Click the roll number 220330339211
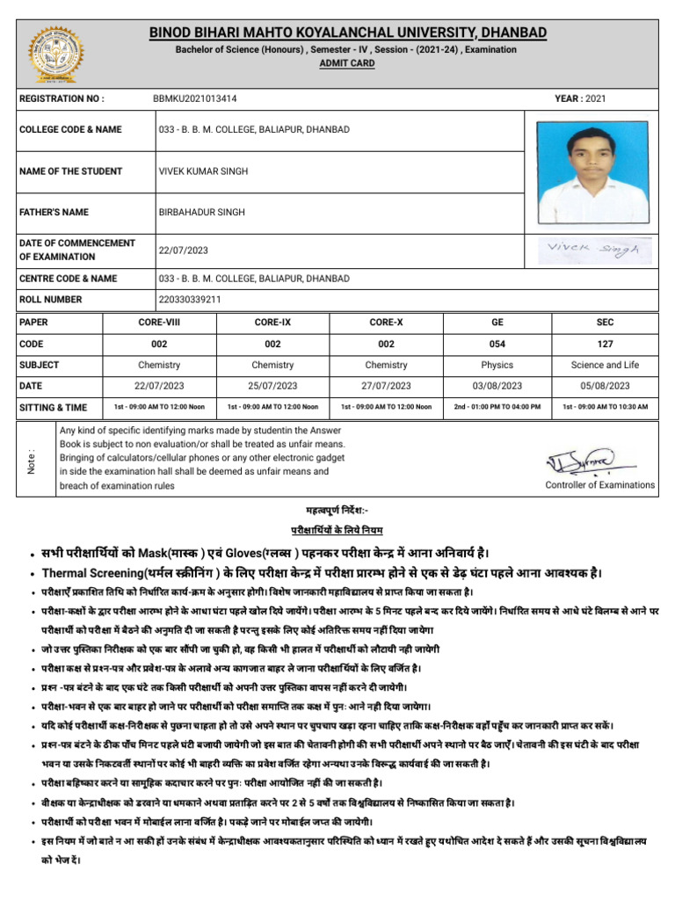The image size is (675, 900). (190, 300)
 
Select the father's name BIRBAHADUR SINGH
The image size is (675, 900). (201, 212)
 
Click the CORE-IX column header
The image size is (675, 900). (272, 323)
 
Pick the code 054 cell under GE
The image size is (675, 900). (497, 344)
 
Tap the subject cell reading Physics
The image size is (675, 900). (497, 365)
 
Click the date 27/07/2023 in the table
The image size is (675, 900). (386, 386)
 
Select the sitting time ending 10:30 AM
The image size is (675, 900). (605, 407)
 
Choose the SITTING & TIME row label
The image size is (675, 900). (54, 407)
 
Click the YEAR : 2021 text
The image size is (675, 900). (579, 99)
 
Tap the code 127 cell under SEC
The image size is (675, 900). (605, 344)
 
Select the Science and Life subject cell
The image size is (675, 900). (605, 365)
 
